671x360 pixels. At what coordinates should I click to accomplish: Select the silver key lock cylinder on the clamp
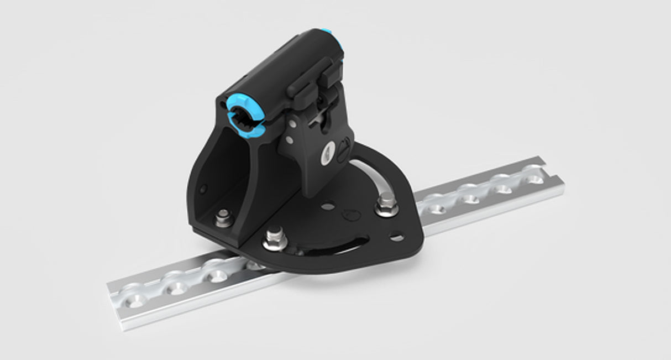[x=327, y=152]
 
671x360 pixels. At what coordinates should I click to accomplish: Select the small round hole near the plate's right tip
[x=397, y=238]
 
